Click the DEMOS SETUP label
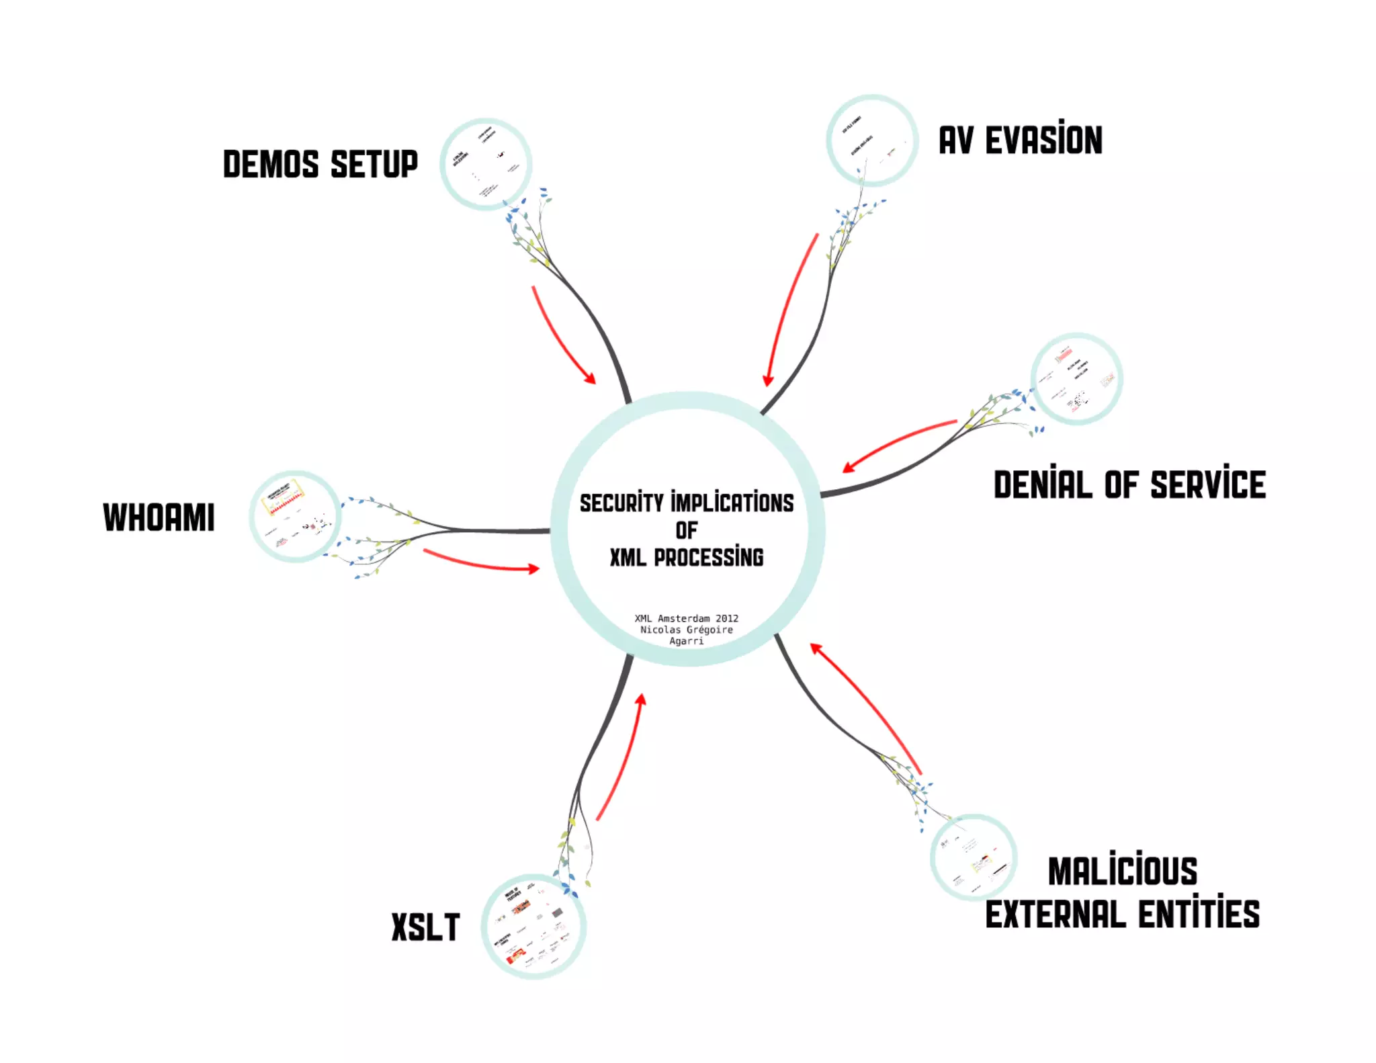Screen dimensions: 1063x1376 point(320,165)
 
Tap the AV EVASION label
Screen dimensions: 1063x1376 point(1020,140)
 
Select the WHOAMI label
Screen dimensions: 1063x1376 point(159,517)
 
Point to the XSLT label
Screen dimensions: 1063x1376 point(425,928)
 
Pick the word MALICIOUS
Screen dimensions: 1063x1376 point(1123,871)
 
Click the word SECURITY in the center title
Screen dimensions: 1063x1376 point(621,503)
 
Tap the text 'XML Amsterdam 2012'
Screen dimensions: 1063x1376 point(686,618)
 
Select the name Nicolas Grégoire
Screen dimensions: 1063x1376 point(686,630)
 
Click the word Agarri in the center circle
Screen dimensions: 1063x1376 point(686,641)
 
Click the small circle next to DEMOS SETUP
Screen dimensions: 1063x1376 point(485,165)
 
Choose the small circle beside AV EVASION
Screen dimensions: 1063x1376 point(871,140)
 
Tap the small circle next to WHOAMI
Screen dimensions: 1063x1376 point(295,516)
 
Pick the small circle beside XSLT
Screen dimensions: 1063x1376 point(533,927)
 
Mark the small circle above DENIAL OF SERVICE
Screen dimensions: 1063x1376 point(1076,379)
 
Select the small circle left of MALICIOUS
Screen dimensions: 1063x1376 point(974,857)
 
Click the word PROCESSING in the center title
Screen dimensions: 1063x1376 point(708,557)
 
